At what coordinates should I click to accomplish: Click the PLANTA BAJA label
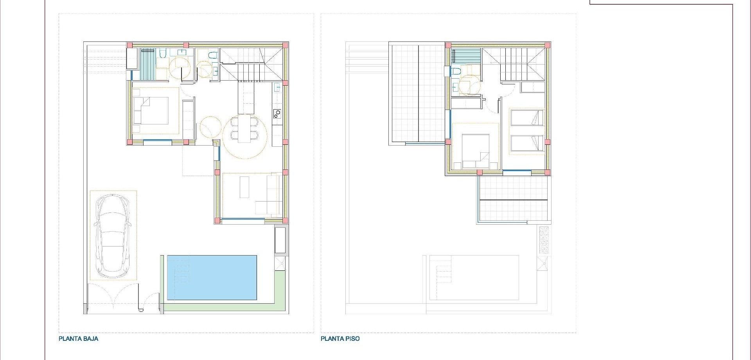[78, 339]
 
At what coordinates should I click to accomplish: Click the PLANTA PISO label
[340, 339]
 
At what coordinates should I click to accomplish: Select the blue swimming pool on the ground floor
[212, 278]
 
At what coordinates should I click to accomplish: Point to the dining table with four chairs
[244, 128]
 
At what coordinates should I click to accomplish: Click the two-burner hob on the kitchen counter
[277, 114]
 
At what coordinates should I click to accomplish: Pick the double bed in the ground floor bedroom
[151, 111]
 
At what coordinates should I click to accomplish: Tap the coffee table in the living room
[244, 187]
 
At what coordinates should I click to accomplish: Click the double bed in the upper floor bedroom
[475, 151]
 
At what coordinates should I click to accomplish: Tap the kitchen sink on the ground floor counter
[277, 87]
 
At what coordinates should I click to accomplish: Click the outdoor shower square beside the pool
[280, 263]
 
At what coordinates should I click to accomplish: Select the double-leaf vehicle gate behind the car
[113, 299]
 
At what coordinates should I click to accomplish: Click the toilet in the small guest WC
[212, 55]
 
